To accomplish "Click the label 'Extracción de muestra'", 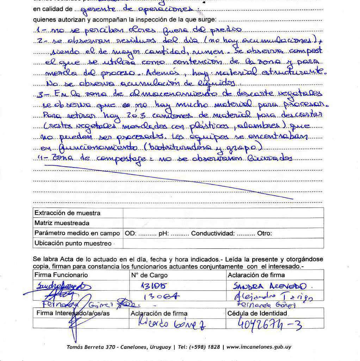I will point(67,213).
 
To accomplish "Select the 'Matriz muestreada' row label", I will point(62,223).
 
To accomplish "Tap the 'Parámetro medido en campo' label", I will point(77,233).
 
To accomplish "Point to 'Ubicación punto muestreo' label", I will point(73,243).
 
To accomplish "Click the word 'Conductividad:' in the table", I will point(213,233).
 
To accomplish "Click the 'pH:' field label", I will point(164,233).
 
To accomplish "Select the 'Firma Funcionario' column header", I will point(61,275).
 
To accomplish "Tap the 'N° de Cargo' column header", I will point(149,275).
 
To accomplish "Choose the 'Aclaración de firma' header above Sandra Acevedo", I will point(256,275).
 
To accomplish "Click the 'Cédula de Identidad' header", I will point(257,313).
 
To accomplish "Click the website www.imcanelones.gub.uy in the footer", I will point(259,347).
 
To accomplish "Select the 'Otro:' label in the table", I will point(265,233).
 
